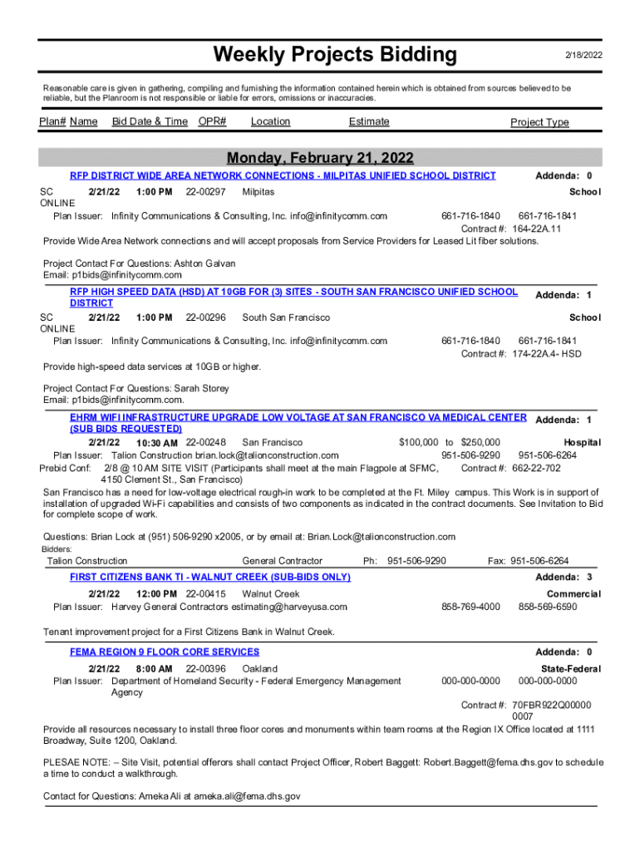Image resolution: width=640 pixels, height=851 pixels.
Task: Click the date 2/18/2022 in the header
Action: tap(583, 56)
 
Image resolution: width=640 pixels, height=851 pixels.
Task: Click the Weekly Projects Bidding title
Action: tap(335, 55)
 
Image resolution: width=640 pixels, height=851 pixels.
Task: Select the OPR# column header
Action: tap(213, 121)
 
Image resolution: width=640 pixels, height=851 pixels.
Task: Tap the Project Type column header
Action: tap(539, 122)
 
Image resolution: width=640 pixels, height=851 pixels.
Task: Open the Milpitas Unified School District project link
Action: tap(283, 175)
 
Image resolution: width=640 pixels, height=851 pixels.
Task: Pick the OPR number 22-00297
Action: tap(205, 192)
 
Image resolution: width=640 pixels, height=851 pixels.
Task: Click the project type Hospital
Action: tap(582, 443)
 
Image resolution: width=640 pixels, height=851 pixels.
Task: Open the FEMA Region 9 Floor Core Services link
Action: tap(165, 652)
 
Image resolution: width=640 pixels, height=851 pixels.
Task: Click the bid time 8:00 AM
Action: tap(154, 668)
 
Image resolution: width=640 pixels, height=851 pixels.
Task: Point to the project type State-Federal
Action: tap(570, 669)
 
